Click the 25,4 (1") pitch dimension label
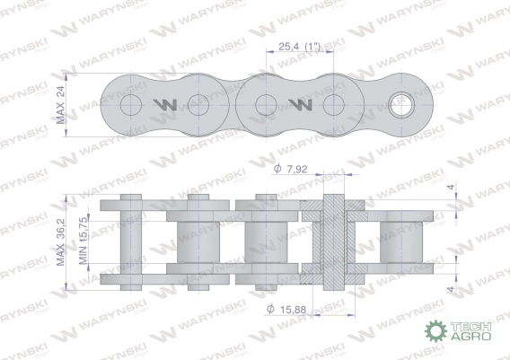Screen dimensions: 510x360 point(299,47)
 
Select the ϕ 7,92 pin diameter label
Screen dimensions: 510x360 point(290,169)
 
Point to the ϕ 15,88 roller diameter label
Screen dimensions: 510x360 point(286,309)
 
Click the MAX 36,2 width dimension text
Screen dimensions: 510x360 point(61,242)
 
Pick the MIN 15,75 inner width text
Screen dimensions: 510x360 point(83,241)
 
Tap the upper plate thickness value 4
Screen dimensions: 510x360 point(451,188)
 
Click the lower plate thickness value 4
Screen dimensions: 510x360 point(451,289)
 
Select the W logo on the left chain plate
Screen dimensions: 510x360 point(165,105)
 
